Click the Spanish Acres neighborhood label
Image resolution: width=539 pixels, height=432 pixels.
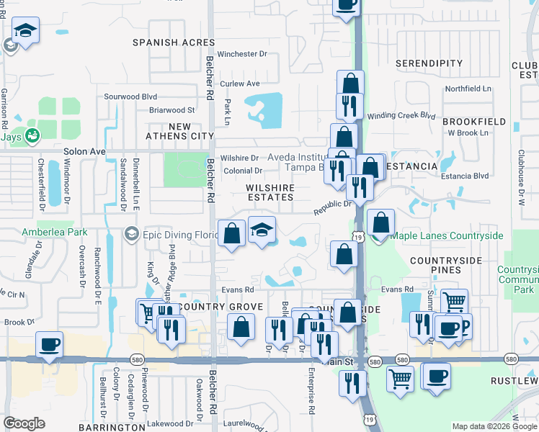[x=174, y=42]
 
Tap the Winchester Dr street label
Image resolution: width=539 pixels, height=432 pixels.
[x=242, y=54]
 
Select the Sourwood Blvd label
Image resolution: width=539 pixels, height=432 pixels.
[x=130, y=96]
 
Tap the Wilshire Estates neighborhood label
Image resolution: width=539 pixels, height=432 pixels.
[x=271, y=192]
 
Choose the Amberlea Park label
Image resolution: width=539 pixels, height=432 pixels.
[x=54, y=232]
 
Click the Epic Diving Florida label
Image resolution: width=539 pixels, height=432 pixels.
[x=171, y=234]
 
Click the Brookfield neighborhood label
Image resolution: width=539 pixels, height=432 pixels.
[x=474, y=122]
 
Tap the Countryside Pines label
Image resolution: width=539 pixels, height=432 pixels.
[x=445, y=264]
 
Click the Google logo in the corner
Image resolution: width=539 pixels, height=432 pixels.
[x=24, y=423]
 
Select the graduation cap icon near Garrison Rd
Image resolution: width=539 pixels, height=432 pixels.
[x=25, y=31]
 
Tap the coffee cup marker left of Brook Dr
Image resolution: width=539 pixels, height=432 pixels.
[x=49, y=344]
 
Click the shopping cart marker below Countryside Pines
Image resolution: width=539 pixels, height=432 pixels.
[x=454, y=301]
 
